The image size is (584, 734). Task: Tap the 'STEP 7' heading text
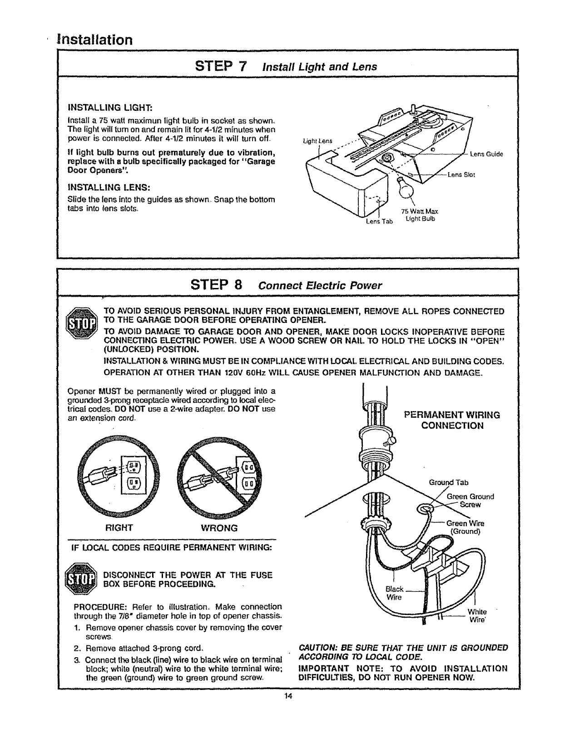coord(220,66)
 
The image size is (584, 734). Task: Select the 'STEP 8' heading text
coord(215,285)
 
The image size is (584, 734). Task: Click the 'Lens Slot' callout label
coord(461,174)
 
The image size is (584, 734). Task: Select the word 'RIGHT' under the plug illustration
coord(119,528)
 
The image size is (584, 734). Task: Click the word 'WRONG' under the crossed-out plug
coord(219,528)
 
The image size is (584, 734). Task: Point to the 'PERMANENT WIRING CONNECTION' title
coord(452,420)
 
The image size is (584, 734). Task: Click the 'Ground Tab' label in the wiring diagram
coord(449,482)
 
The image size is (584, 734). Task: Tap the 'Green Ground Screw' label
coord(470,501)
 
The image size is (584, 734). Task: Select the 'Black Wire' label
coord(394,593)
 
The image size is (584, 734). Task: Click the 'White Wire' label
coord(477,615)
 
